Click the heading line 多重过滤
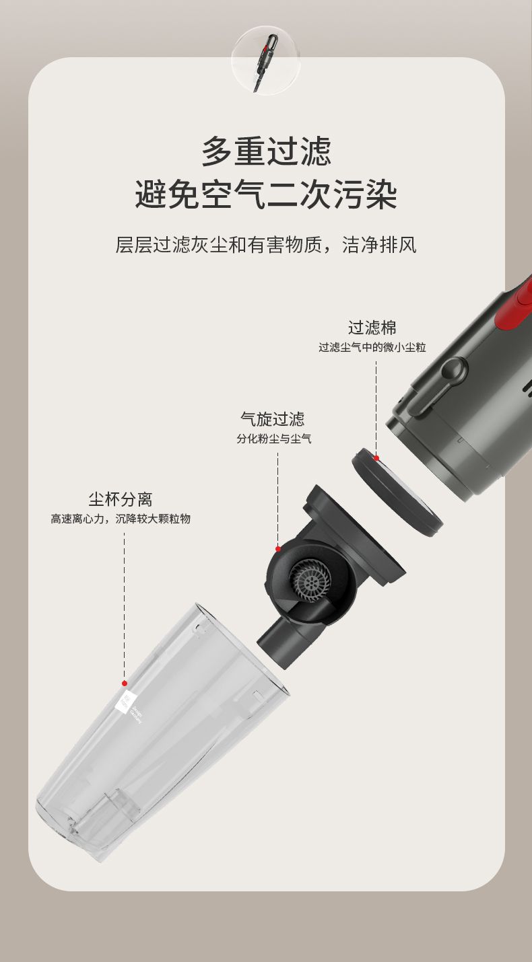coord(266,151)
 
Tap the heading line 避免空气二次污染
coord(266,194)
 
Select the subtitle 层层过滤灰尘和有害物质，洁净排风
coord(266,246)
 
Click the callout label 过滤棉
coord(372,328)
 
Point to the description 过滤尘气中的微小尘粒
coord(372,347)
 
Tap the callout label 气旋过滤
coord(273,419)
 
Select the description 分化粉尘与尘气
coord(274,439)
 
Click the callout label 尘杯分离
coord(121,499)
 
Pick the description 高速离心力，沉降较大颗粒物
coord(121,519)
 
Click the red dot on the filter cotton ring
coord(376,458)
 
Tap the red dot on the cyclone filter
coord(278,549)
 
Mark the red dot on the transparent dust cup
coord(125,683)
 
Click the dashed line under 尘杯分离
coord(125,605)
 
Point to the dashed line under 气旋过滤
coord(278,498)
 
